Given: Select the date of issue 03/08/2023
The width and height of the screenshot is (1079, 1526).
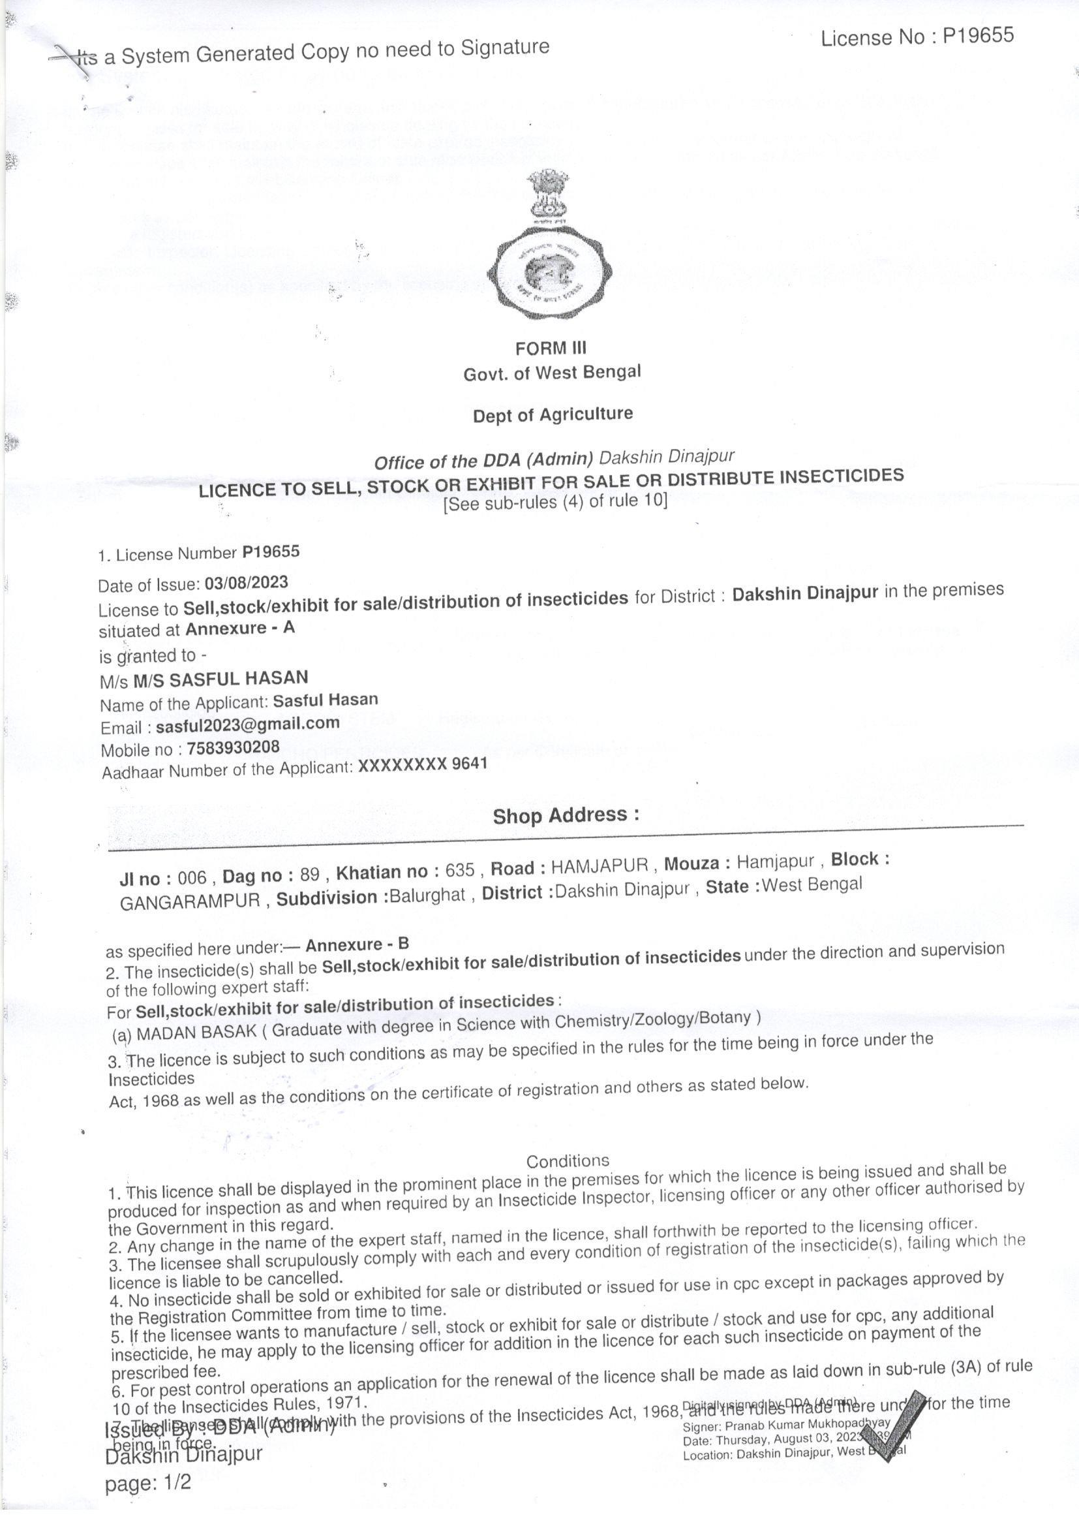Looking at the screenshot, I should pos(246,583).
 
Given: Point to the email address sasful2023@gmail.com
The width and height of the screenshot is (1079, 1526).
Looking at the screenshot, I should pos(248,723).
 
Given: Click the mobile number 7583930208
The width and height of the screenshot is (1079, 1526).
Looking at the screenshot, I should pos(232,747).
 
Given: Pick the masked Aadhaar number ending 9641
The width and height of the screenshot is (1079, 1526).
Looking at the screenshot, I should pos(423,764).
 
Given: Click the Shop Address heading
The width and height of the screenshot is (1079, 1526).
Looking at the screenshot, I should pos(566,815).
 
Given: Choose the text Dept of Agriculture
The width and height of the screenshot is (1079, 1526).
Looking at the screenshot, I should pos(552,414).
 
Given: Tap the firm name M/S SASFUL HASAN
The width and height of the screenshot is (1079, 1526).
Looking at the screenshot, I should pos(220,679).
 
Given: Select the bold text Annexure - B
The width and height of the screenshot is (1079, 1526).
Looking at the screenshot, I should pos(357,944).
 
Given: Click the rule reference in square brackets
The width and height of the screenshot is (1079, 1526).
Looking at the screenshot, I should pos(555,502).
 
